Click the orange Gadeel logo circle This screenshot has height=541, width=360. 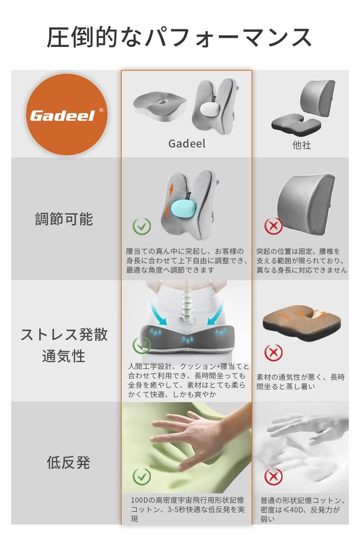66,115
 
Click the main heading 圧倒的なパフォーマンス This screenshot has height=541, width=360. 179,38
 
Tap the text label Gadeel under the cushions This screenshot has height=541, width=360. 187,144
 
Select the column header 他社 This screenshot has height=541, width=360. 301,145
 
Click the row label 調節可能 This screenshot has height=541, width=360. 64,219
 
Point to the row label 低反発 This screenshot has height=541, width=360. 68,463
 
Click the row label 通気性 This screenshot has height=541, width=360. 64,356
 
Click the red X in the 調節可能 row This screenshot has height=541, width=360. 273,227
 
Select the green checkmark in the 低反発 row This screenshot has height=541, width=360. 141,477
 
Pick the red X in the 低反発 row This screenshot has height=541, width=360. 273,477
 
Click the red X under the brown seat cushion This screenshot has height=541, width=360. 273,352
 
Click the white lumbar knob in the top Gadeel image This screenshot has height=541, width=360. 210,111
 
